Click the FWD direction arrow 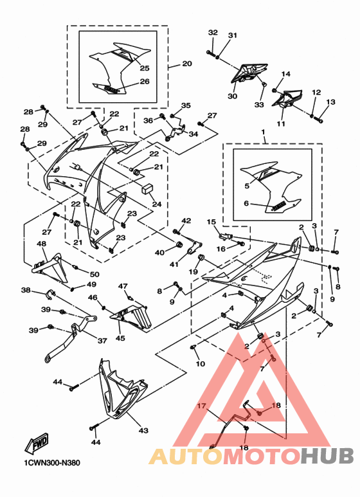(x=37, y=443)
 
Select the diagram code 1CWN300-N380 (x=52, y=463)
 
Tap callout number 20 (x=187, y=64)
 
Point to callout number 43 (x=143, y=430)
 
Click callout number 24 (x=157, y=204)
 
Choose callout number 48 (x=42, y=244)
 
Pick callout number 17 (x=201, y=406)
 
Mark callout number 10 (x=201, y=363)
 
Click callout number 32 (x=213, y=32)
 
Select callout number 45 (x=120, y=338)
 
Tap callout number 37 (x=102, y=341)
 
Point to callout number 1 (x=263, y=131)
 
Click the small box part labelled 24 (x=147, y=188)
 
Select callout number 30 (x=232, y=96)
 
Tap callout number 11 (x=281, y=123)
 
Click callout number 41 (x=174, y=264)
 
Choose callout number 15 (x=212, y=222)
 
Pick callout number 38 (x=26, y=290)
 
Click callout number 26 (x=145, y=82)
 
